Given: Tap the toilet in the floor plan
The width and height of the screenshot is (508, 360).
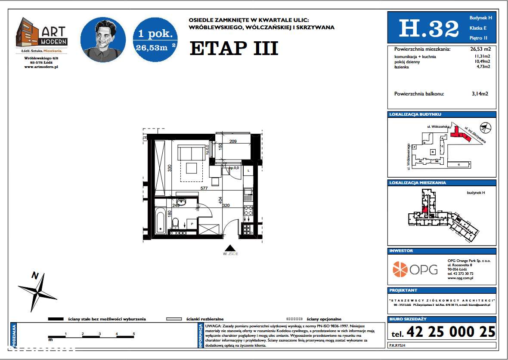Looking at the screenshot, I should (176, 223).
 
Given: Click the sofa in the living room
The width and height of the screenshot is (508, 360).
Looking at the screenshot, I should (191, 153).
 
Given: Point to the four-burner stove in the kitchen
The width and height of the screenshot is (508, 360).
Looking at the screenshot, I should (248, 211).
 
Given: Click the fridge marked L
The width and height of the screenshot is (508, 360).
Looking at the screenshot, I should (248, 171).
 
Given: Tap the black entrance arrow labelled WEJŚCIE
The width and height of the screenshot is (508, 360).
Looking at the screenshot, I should (230, 248).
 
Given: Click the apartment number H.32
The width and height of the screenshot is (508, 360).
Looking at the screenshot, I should (428, 29).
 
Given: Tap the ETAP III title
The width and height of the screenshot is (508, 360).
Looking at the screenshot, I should (234, 49).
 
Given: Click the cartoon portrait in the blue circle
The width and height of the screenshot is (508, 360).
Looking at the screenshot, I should (103, 40).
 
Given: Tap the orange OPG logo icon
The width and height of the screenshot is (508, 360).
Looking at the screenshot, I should (400, 269).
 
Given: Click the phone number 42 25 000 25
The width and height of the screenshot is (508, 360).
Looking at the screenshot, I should (450, 332).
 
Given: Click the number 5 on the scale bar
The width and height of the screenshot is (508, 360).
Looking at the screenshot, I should (134, 334).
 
